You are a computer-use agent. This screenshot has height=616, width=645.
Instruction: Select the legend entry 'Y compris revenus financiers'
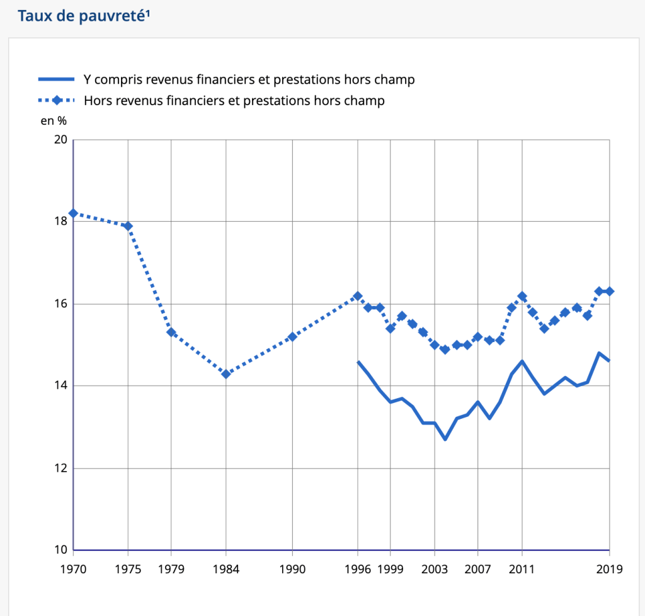click(x=249, y=79)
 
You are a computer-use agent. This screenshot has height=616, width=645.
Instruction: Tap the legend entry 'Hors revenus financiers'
click(x=234, y=100)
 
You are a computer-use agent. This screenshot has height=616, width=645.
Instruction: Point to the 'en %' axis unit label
click(x=54, y=121)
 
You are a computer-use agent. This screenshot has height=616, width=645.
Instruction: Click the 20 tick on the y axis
click(x=60, y=140)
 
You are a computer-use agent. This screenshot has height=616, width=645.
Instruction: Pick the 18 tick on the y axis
click(x=60, y=222)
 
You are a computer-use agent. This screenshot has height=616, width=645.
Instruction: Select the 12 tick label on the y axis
click(x=60, y=469)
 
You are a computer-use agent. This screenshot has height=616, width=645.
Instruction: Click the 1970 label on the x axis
click(x=74, y=569)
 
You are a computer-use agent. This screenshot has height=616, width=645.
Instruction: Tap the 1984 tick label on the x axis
click(x=225, y=569)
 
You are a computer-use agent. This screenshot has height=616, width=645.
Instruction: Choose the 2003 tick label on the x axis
click(x=435, y=569)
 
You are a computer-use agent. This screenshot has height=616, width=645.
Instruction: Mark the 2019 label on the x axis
click(x=610, y=569)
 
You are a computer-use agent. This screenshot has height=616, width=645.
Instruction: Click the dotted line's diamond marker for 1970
click(x=74, y=214)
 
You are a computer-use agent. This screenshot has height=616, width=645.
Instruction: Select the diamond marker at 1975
click(x=128, y=226)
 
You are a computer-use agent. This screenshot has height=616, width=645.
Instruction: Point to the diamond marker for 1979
click(x=171, y=333)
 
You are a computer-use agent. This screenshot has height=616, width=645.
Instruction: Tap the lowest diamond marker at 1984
click(x=225, y=374)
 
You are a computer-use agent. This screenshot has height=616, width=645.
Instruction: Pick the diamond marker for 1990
click(x=292, y=337)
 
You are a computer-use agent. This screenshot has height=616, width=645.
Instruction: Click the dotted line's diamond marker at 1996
click(x=358, y=296)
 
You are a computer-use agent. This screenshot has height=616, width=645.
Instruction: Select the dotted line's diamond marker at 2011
click(x=522, y=296)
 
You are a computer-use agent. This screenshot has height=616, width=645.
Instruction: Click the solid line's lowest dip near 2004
click(x=445, y=439)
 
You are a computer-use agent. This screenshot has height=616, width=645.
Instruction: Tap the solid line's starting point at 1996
click(x=358, y=362)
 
